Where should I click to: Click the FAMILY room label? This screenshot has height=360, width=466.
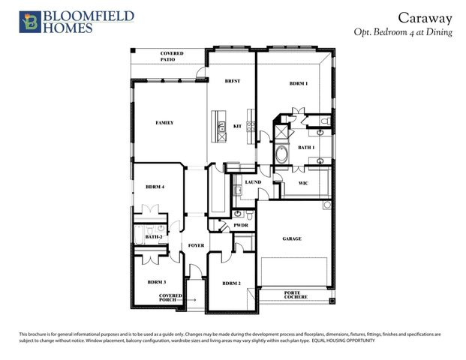(x=164, y=122)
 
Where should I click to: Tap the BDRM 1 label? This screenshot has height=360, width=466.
(x=299, y=83)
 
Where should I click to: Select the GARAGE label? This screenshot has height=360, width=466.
(x=292, y=238)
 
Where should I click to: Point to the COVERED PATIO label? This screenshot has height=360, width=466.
(x=172, y=56)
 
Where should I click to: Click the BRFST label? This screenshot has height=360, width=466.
(x=232, y=80)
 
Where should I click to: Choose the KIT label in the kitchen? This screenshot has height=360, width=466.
(x=237, y=126)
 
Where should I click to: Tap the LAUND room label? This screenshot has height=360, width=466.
(x=253, y=182)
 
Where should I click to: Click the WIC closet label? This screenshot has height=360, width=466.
(x=303, y=182)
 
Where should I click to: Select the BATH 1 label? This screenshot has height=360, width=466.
(x=305, y=148)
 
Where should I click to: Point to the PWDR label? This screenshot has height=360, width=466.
(x=241, y=224)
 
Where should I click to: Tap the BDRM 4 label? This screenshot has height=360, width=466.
(x=155, y=186)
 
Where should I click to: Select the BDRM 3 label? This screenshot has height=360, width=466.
(x=156, y=282)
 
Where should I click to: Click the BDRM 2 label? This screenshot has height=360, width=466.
(x=231, y=283)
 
